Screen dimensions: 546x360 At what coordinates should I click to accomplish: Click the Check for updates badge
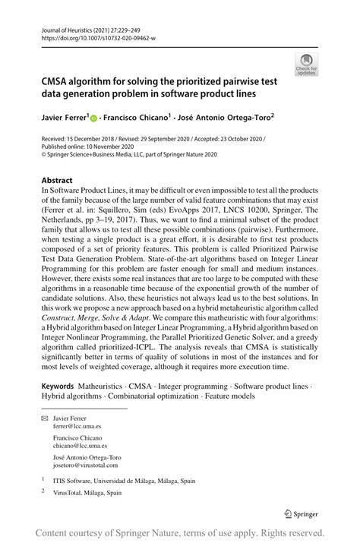pyautogui.click(x=308, y=65)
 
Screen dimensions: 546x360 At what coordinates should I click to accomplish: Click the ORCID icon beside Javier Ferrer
pyautogui.click(x=93, y=118)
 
